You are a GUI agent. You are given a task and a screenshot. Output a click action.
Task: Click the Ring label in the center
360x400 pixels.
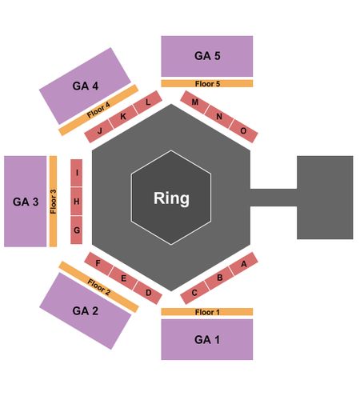[171, 198]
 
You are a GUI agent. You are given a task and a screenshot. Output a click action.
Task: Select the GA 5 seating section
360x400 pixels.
[207, 56]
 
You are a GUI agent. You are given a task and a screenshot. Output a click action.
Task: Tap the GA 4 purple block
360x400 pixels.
[85, 86]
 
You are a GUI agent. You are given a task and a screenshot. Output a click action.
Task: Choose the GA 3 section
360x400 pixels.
[26, 202]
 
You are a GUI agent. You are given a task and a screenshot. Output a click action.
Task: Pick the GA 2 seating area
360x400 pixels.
[86, 310]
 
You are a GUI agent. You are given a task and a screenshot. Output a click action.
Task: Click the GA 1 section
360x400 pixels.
[207, 339]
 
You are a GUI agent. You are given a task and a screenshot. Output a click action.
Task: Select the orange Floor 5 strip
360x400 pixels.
[207, 83]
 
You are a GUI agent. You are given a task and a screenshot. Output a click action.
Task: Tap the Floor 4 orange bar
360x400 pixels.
[98, 110]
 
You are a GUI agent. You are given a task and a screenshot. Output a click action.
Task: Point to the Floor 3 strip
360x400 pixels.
[54, 202]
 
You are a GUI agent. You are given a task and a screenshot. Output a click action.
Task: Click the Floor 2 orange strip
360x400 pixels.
[98, 287]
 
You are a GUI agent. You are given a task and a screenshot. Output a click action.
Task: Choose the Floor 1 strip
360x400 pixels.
[207, 312]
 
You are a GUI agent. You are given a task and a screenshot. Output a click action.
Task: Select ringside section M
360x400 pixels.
[194, 102]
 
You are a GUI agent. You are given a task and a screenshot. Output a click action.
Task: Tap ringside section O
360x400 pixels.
[243, 131]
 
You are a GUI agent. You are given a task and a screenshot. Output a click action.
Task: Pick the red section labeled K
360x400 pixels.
[123, 117]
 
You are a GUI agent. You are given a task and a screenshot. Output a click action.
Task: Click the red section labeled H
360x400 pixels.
[76, 202]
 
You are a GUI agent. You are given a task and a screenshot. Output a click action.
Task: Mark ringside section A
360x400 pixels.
[243, 264]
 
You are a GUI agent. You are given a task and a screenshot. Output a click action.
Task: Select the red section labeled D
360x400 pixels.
[148, 293]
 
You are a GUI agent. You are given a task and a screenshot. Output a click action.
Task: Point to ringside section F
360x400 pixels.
[98, 264]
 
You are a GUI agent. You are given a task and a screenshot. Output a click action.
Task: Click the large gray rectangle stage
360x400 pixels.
[325, 198]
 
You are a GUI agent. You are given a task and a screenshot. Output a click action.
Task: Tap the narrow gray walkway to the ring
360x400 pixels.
[274, 198]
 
